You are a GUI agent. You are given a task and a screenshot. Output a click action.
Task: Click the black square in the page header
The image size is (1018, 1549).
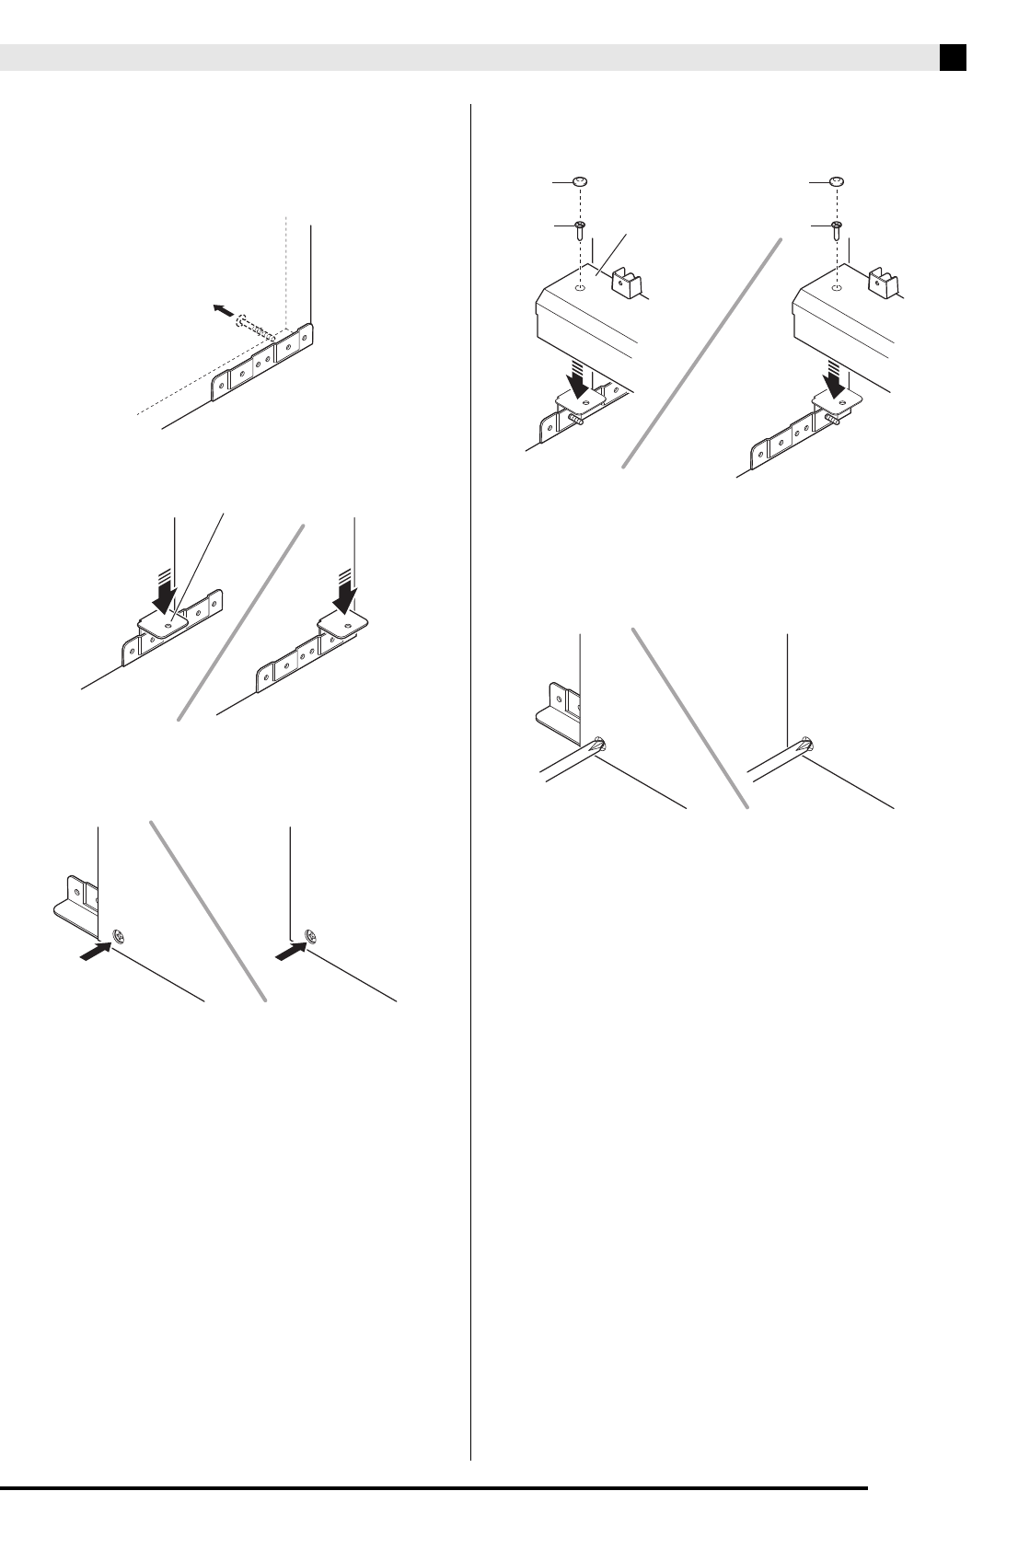[953, 58]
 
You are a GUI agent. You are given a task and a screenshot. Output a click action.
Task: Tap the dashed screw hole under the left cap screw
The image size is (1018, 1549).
[580, 288]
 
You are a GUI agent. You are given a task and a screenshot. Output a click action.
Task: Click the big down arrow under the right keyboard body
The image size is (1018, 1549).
[837, 380]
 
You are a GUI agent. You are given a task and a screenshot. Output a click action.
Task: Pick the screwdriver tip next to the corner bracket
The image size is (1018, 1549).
[597, 746]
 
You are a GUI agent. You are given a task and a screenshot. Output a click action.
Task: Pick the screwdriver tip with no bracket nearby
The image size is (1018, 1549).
[805, 746]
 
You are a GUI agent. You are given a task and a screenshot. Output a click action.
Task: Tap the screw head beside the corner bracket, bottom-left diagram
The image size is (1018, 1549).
[118, 938]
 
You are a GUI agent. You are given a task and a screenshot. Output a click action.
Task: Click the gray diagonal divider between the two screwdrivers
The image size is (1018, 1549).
[690, 718]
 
